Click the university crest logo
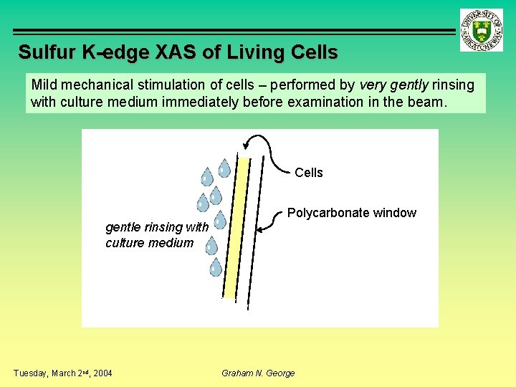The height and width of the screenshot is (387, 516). click(482, 29)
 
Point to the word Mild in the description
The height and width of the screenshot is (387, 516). click(44, 85)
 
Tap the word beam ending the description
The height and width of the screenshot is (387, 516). click(428, 102)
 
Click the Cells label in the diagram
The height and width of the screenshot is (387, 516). click(309, 173)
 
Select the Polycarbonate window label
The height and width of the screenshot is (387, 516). click(351, 213)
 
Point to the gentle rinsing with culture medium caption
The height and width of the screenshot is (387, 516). click(156, 235)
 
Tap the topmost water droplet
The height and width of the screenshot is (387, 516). click(224, 168)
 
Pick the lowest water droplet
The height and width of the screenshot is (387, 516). click(215, 267)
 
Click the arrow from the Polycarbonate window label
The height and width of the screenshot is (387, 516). click(268, 223)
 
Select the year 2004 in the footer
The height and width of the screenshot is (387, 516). click(101, 373)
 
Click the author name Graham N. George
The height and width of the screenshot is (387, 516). click(258, 373)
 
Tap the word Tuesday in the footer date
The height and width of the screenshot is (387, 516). click(31, 373)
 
